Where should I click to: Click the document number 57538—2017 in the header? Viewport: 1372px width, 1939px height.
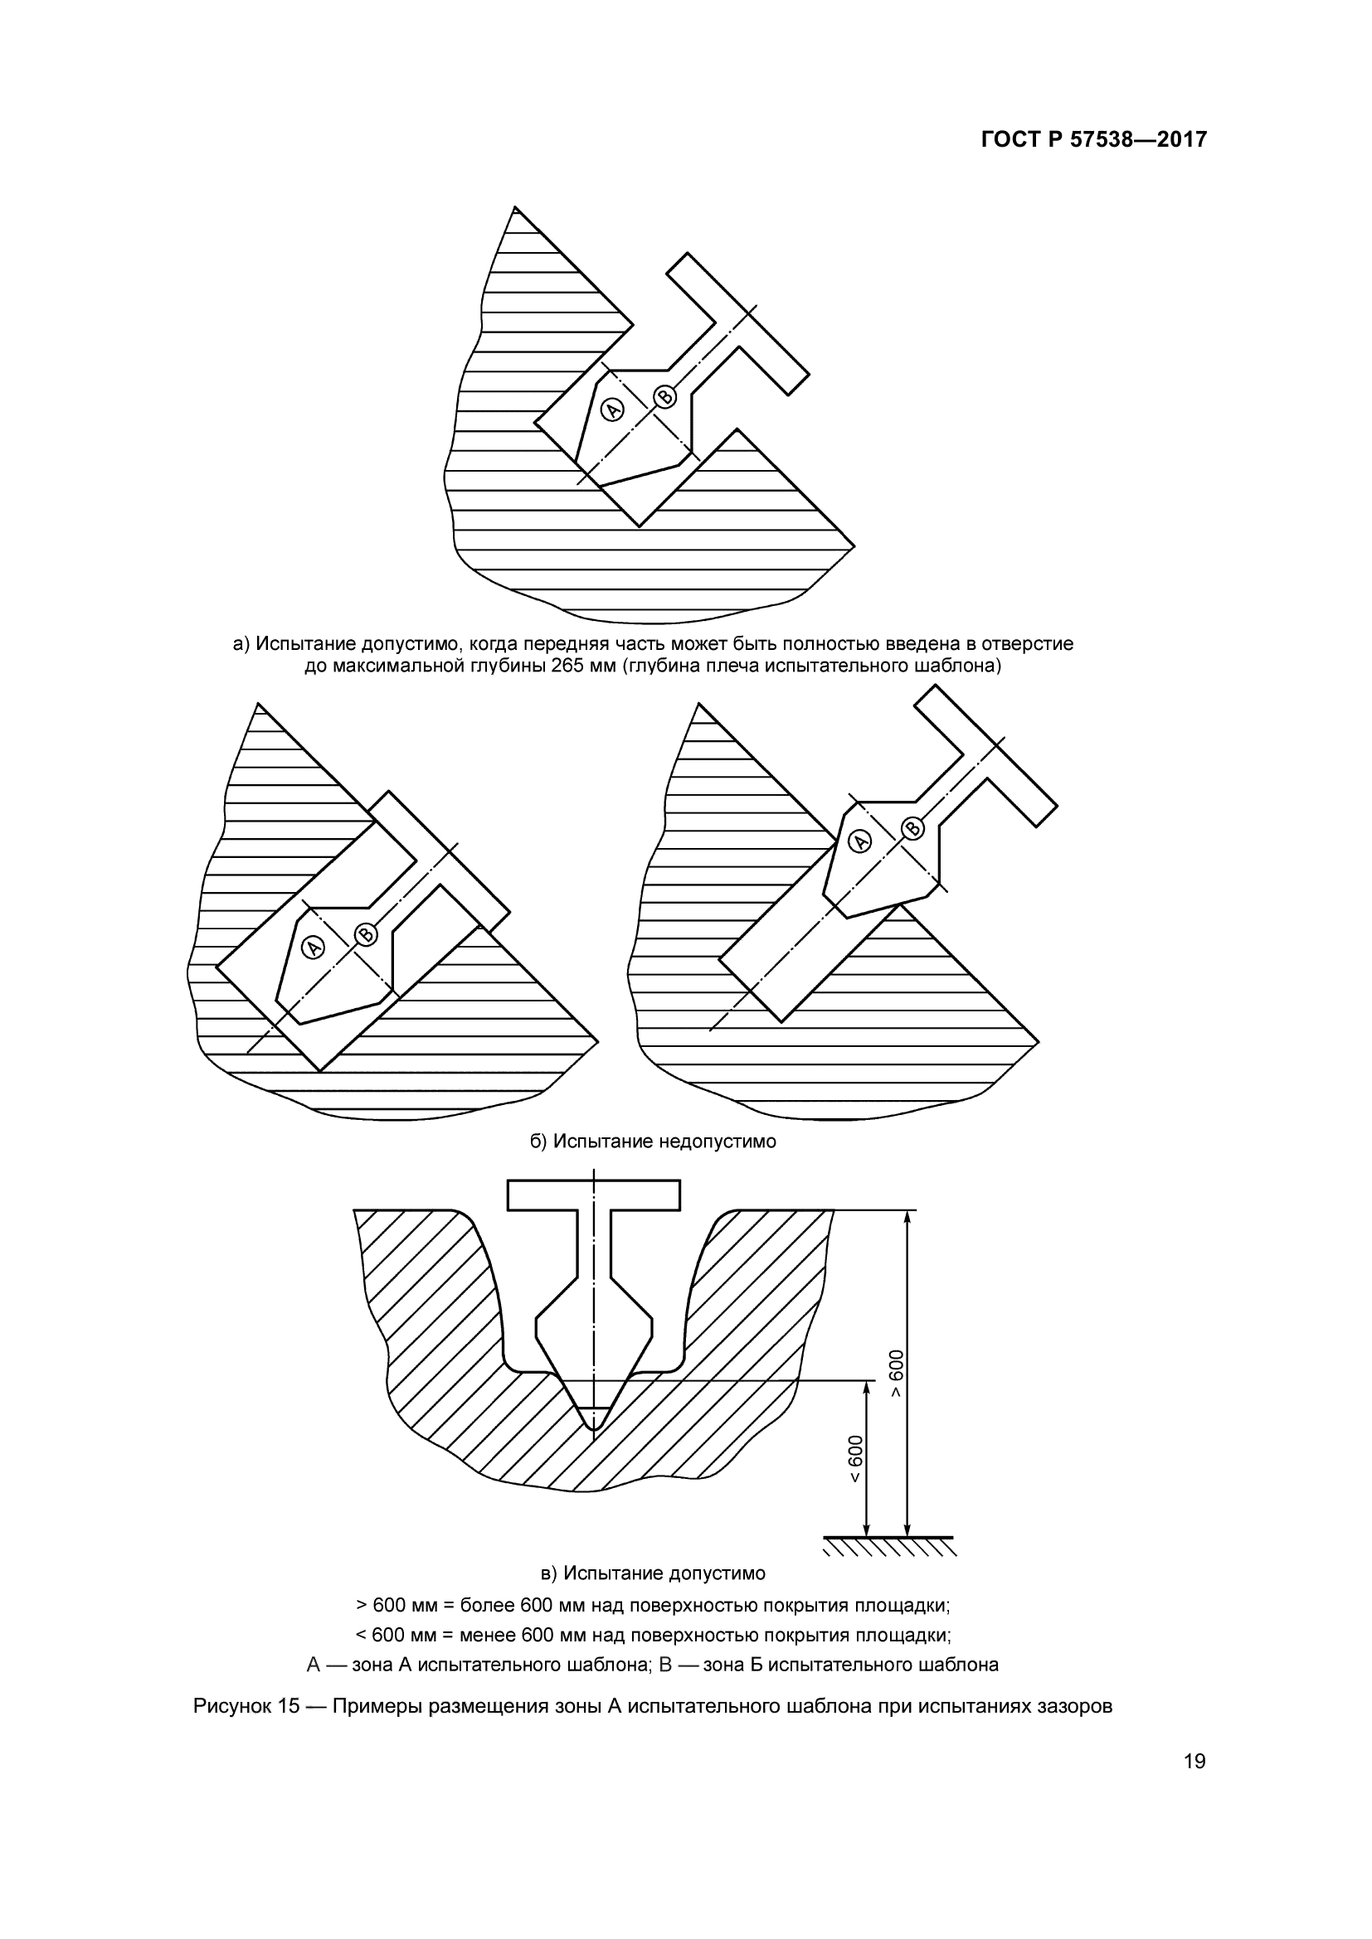(1139, 140)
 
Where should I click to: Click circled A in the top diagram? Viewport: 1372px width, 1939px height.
(611, 410)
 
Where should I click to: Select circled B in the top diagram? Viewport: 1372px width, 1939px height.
(665, 397)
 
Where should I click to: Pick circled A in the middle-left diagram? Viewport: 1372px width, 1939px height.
(314, 948)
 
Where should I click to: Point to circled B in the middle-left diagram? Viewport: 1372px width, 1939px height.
(366, 933)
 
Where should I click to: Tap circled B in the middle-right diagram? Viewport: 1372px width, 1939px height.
(912, 827)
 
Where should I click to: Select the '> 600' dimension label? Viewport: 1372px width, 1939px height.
(896, 1373)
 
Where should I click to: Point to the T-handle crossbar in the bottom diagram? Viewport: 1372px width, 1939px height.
(594, 1194)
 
